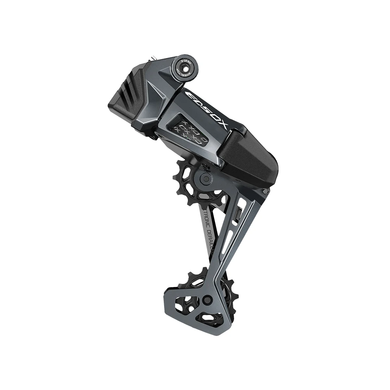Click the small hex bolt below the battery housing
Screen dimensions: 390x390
pyautogui.click(x=266, y=191)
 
